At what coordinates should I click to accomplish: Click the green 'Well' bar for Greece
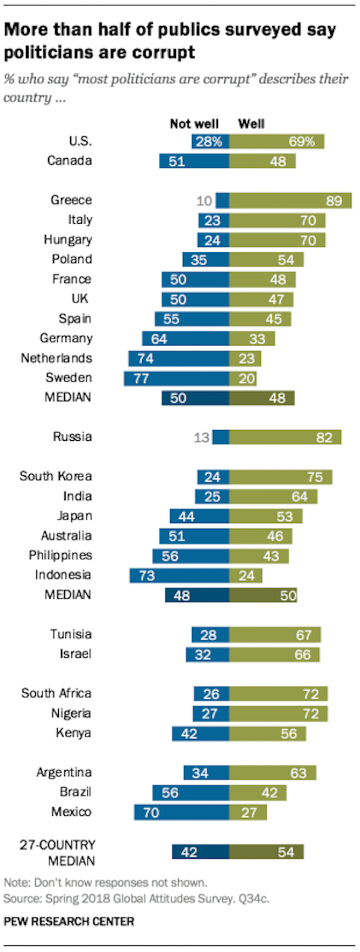tap(290, 201)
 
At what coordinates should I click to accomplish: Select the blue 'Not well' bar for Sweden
tap(176, 378)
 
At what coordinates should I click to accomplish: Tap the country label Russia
tap(72, 437)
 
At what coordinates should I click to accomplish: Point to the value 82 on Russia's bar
tap(324, 438)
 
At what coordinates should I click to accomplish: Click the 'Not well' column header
tap(194, 124)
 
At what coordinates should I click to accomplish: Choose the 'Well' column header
tap(251, 124)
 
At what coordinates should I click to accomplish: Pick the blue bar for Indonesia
tap(179, 575)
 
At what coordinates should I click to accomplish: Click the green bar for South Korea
tap(280, 477)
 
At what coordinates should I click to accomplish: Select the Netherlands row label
tap(57, 358)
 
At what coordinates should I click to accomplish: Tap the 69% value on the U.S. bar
tap(302, 142)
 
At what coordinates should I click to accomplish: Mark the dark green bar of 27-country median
tap(266, 852)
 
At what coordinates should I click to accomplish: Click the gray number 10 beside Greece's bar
tap(204, 201)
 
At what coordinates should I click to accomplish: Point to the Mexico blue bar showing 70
tap(181, 812)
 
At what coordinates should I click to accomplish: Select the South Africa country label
tap(57, 693)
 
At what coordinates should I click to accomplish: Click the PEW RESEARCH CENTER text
tap(69, 922)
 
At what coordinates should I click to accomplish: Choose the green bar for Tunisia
tap(275, 635)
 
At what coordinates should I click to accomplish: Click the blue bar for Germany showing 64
tap(185, 339)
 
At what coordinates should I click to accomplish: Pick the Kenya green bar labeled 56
tap(267, 734)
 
